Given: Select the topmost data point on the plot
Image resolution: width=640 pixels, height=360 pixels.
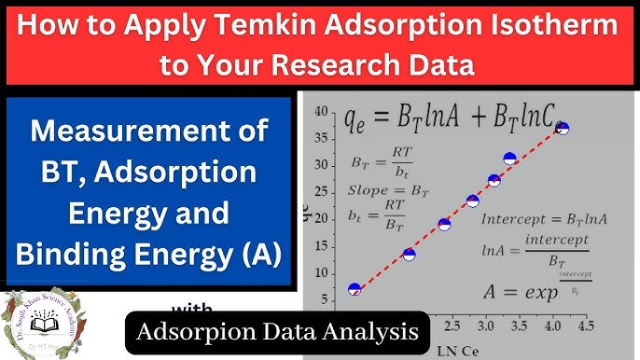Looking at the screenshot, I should (562, 129).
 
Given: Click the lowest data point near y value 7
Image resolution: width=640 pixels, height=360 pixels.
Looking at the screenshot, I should (354, 289).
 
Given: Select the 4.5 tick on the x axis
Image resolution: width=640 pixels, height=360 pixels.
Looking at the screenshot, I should (586, 327).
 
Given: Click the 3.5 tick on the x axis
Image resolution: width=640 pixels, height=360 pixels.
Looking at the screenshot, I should (519, 327).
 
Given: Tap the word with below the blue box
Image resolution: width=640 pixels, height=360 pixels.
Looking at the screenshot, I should (192, 309).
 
